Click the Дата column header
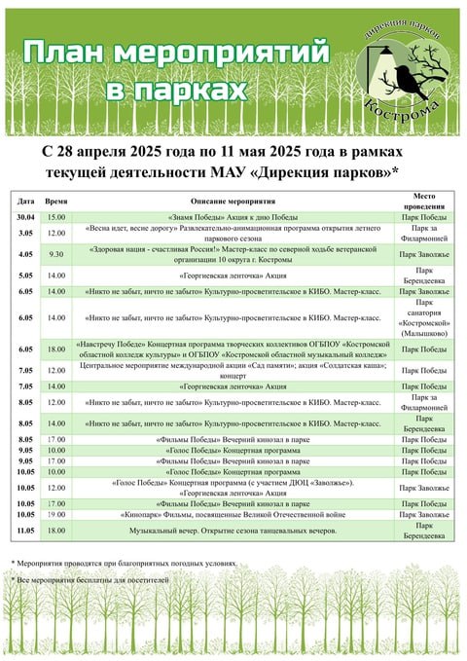(x=26, y=199)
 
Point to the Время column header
(x=56, y=199)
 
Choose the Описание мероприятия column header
(x=231, y=199)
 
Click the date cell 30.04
(x=26, y=216)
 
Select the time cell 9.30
(x=56, y=255)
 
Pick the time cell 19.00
(x=56, y=514)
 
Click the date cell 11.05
(x=26, y=530)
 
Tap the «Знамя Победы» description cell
(x=231, y=216)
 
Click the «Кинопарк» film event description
(x=231, y=514)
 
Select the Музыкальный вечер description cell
(x=231, y=530)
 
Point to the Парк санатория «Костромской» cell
(x=424, y=317)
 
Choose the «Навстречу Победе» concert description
(x=231, y=349)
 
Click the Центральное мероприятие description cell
(x=231, y=370)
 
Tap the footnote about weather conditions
(x=124, y=564)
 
